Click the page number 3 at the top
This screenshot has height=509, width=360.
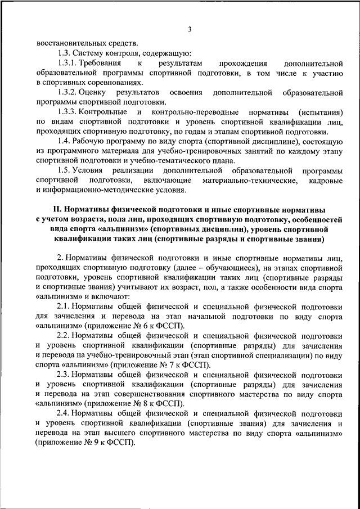(x=190, y=29)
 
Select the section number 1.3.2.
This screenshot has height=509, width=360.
(x=69, y=92)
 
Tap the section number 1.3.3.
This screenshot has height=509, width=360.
(x=69, y=112)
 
